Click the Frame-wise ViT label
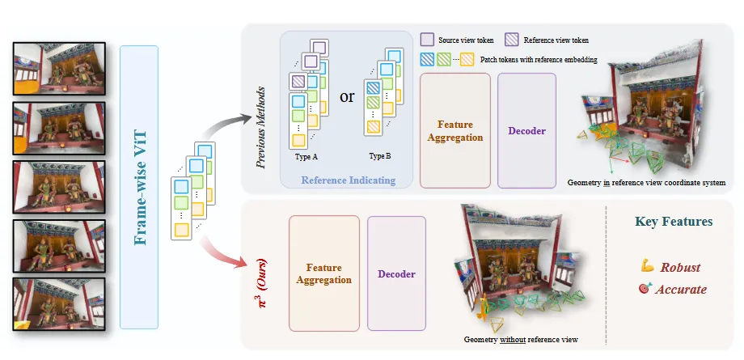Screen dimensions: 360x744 tap(143, 187)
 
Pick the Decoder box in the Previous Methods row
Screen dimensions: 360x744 tap(526, 130)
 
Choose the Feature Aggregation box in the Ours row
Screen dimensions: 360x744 tap(323, 273)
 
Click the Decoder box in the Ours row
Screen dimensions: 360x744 tap(396, 273)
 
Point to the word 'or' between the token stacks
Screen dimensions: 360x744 tap(347, 96)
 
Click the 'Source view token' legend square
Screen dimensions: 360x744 tap(427, 39)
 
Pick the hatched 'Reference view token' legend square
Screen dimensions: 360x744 tap(512, 39)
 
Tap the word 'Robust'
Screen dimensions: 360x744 tap(680, 268)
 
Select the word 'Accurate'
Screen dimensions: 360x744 tap(683, 289)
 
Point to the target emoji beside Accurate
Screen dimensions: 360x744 tap(645, 289)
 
